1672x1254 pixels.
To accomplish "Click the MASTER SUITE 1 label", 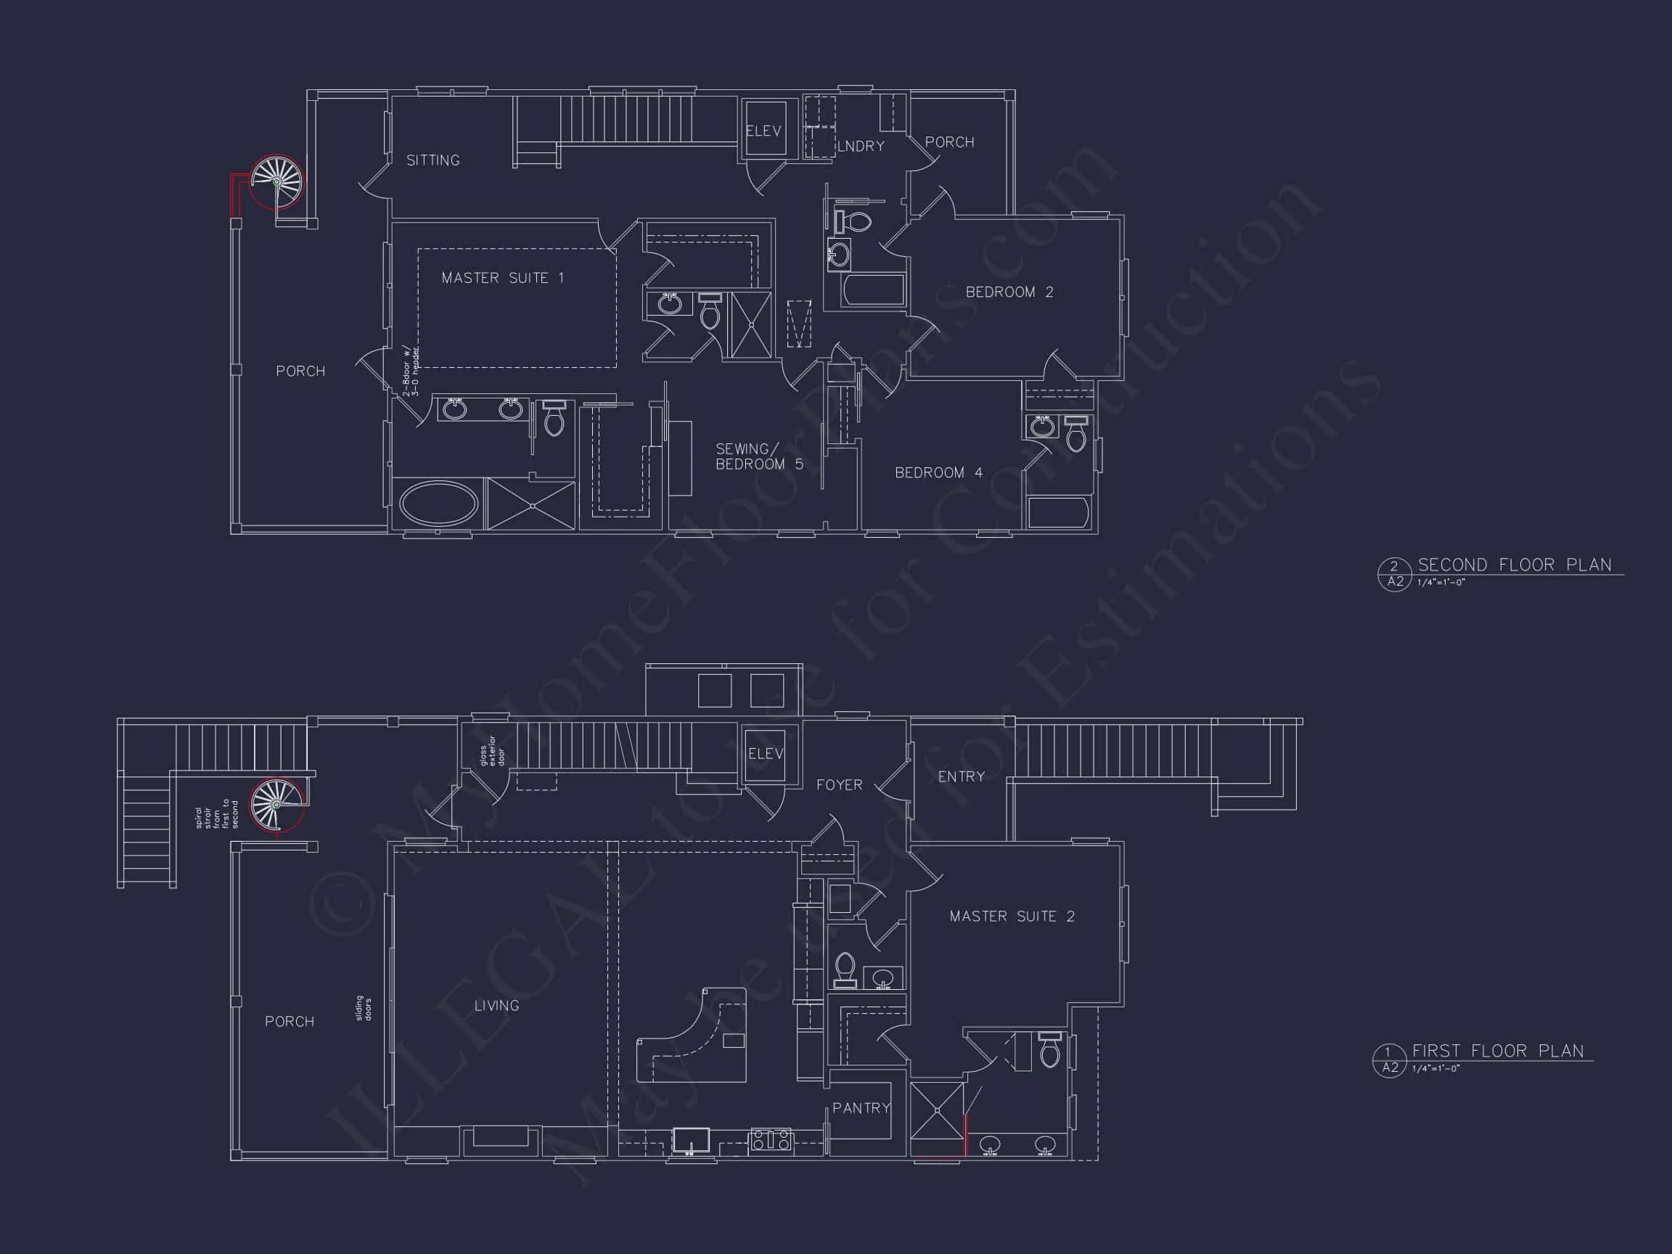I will click(503, 278).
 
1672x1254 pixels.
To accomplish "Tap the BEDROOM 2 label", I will click(1009, 292).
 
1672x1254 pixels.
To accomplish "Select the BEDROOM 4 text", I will click(939, 473).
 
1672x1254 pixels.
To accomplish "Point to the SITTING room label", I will click(433, 160).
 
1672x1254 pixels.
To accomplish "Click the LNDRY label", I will click(861, 147).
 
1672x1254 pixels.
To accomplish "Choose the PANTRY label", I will click(861, 1108).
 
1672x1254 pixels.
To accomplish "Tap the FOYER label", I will click(839, 785).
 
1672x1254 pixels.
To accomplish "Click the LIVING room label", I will click(496, 1005).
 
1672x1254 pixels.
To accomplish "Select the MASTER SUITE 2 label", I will click(1012, 917).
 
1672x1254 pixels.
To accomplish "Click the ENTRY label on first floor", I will click(961, 777).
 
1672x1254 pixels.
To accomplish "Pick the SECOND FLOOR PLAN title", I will click(1514, 565).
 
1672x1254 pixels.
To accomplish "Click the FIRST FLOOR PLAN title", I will click(1497, 1052).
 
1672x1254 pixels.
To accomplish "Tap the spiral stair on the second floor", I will click(276, 181).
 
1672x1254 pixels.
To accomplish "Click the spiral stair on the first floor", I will click(276, 806).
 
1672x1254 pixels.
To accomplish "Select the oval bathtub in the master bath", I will click(438, 504).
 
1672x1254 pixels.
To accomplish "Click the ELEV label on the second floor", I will click(763, 131).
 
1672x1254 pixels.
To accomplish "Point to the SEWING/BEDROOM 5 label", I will click(759, 456).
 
